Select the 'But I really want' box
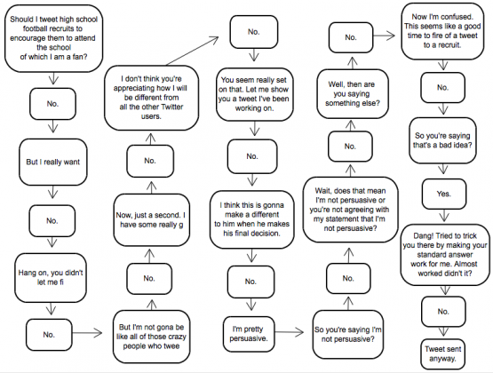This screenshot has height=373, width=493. point(55,163)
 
